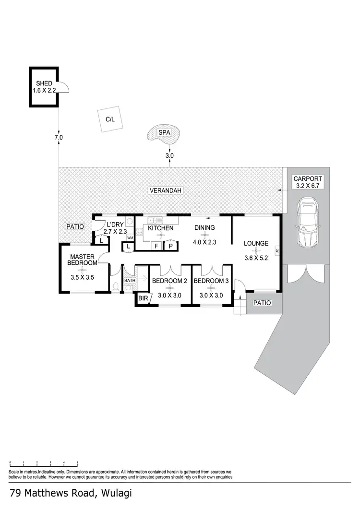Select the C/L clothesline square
pos(110,119)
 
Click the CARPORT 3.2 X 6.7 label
pos(306,182)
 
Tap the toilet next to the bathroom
pos(116,286)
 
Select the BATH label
pos(130,281)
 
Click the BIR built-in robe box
pos(142,298)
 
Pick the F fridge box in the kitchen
pos(156,246)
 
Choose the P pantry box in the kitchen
pos(170,246)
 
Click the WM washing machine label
pos(130,237)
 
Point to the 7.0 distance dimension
pos(59,138)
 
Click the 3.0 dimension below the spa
pos(169,155)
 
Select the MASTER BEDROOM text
pos(81,260)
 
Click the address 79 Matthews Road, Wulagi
pos(70,493)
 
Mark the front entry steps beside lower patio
pos(240,306)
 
